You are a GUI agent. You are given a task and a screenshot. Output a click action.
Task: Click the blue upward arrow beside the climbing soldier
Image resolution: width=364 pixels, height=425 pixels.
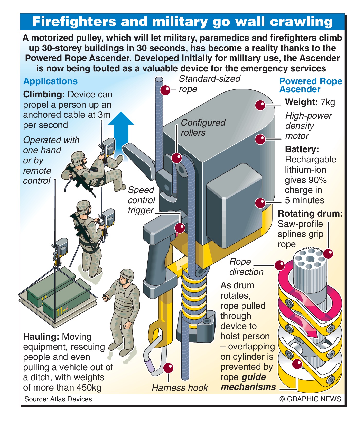[x=121, y=128]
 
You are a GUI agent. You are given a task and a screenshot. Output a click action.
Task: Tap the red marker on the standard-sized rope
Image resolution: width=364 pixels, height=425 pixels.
[x=165, y=90]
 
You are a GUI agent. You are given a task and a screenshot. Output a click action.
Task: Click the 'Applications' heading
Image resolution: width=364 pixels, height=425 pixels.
[x=50, y=81]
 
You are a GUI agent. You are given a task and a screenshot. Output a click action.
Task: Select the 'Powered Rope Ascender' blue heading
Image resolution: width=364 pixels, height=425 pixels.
[x=311, y=85]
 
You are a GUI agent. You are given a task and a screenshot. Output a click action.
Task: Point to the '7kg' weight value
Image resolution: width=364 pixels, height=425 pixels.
[x=328, y=102]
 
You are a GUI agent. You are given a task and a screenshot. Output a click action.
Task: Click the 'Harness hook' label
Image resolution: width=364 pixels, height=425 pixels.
[x=180, y=388]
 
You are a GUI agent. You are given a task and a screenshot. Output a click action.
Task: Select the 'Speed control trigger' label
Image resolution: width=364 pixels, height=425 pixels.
[x=141, y=200]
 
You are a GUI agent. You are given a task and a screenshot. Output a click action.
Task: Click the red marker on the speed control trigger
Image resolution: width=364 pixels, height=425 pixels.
[x=180, y=228]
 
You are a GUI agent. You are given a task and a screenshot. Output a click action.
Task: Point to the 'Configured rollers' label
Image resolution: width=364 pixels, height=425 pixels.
[x=203, y=128]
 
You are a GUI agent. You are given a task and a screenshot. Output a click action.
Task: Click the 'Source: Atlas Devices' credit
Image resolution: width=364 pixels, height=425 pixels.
[x=58, y=399]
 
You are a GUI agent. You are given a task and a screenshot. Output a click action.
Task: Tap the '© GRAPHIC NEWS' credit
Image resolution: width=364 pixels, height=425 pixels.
[x=310, y=399]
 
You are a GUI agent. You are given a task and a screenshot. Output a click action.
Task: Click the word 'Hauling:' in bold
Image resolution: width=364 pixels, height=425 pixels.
[x=41, y=337]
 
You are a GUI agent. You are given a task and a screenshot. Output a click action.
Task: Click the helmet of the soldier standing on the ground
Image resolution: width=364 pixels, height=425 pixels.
[x=127, y=274]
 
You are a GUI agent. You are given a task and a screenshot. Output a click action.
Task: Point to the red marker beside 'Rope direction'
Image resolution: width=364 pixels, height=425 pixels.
[x=279, y=265]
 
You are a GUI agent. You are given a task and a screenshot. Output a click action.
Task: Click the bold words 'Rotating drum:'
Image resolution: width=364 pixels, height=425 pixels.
[x=310, y=214]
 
